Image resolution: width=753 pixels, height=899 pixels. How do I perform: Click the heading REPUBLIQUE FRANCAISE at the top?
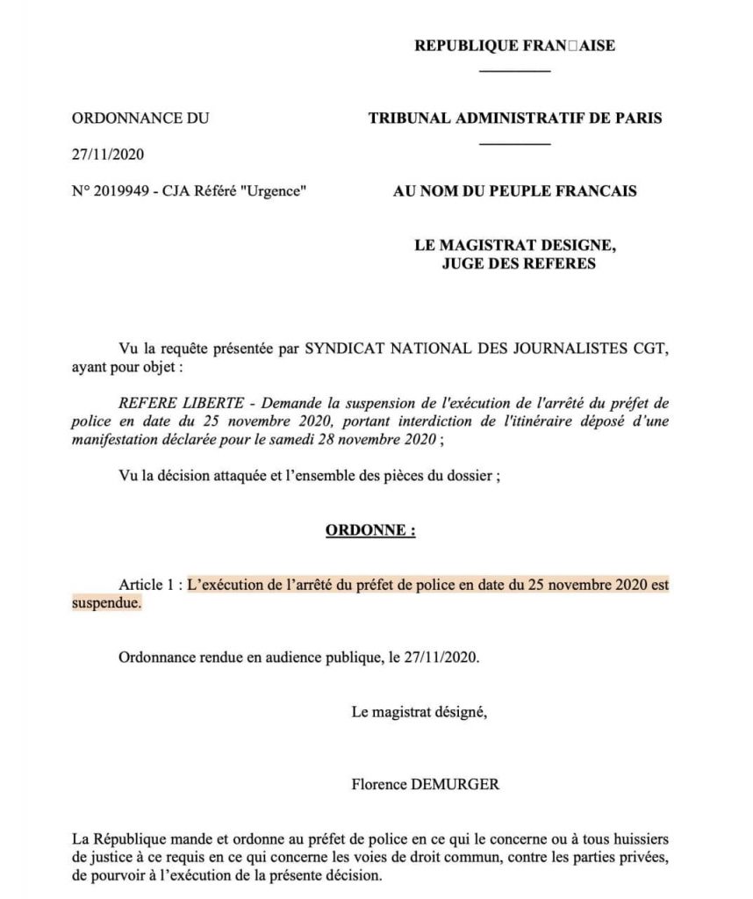pyautogui.click(x=514, y=47)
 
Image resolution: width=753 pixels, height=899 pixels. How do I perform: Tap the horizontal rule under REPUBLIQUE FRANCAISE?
pyautogui.click(x=515, y=71)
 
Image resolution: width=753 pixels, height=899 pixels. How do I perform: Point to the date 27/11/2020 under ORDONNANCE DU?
pyautogui.click(x=107, y=155)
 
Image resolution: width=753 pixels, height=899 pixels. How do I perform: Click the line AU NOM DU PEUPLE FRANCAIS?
pyautogui.click(x=515, y=191)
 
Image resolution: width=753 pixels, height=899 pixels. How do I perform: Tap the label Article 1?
pyautogui.click(x=147, y=585)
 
